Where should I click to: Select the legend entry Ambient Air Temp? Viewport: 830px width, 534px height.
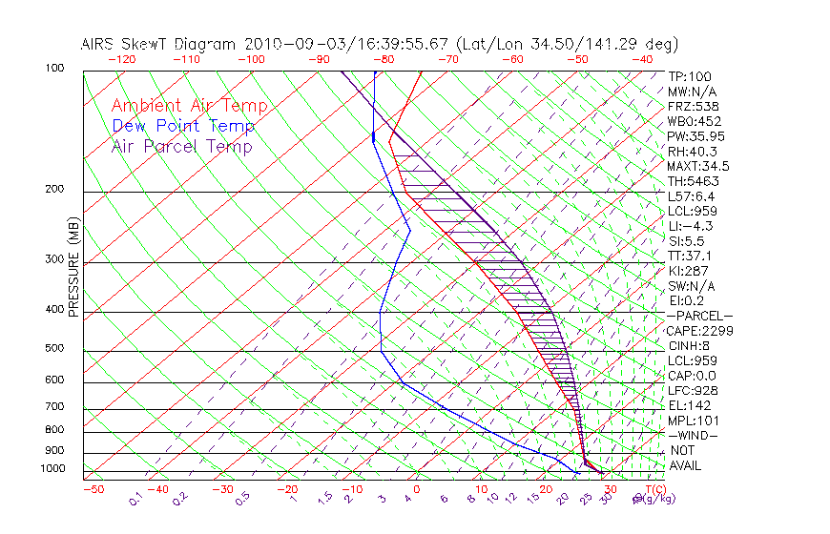point(189,106)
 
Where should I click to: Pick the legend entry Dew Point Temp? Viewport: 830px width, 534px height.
point(183,126)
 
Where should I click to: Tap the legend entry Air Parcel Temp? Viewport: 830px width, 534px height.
point(182,146)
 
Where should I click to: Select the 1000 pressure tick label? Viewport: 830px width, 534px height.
point(53,469)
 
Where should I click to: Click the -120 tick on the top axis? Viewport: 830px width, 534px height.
point(121,59)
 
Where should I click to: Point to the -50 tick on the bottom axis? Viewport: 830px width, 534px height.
point(93,489)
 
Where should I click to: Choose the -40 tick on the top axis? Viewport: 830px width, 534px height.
point(642,59)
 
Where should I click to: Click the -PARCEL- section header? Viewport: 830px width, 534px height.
point(699,316)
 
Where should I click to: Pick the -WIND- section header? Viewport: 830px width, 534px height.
point(694,435)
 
